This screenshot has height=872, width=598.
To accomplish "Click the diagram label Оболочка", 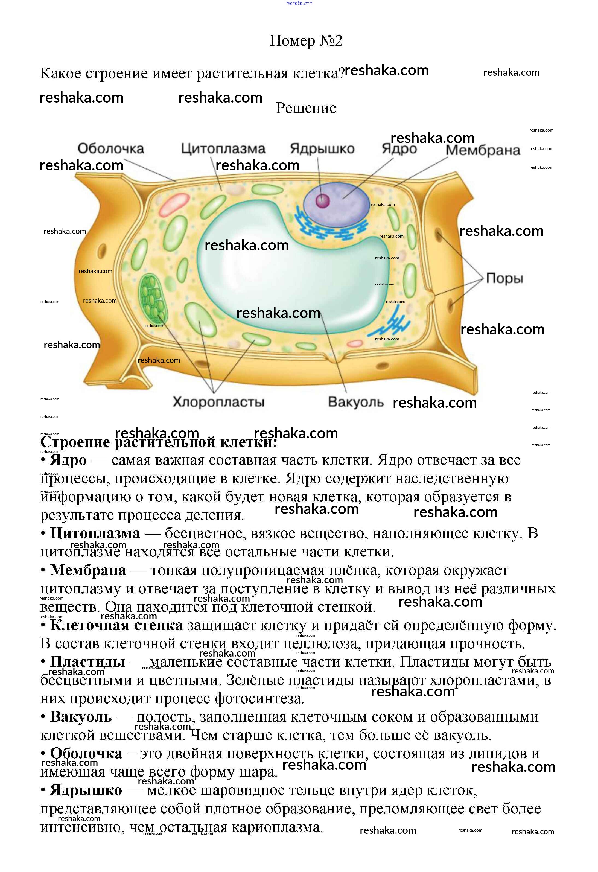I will click(x=111, y=149).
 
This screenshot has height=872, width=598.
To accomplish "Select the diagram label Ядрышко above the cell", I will click(x=322, y=149).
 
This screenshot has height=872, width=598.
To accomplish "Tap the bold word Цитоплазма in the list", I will click(x=95, y=533).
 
